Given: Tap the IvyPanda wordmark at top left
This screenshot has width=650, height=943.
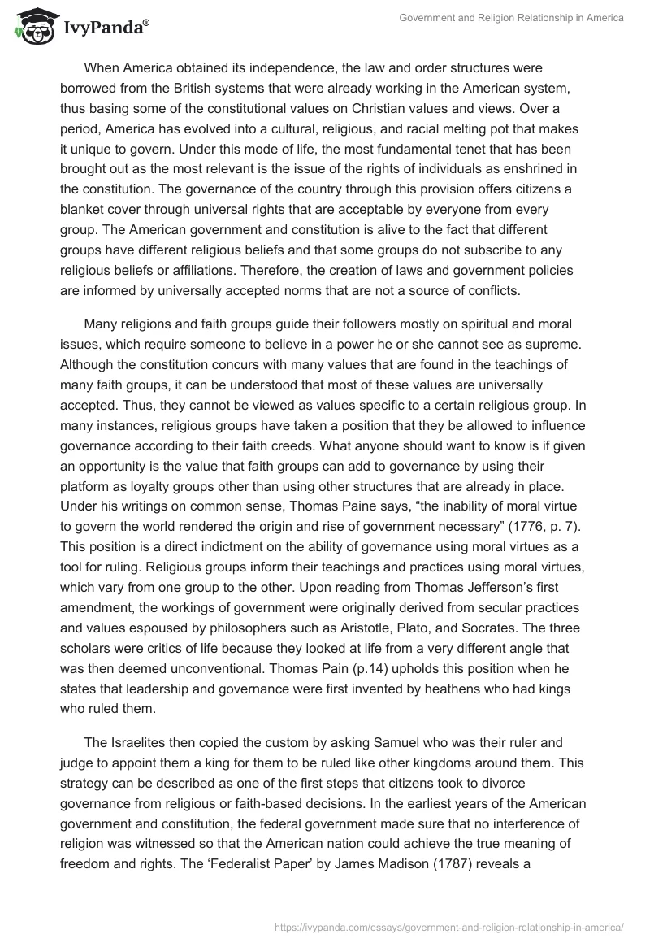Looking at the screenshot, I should (106, 28).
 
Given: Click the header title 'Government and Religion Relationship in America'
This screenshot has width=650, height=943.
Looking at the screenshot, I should (511, 18).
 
